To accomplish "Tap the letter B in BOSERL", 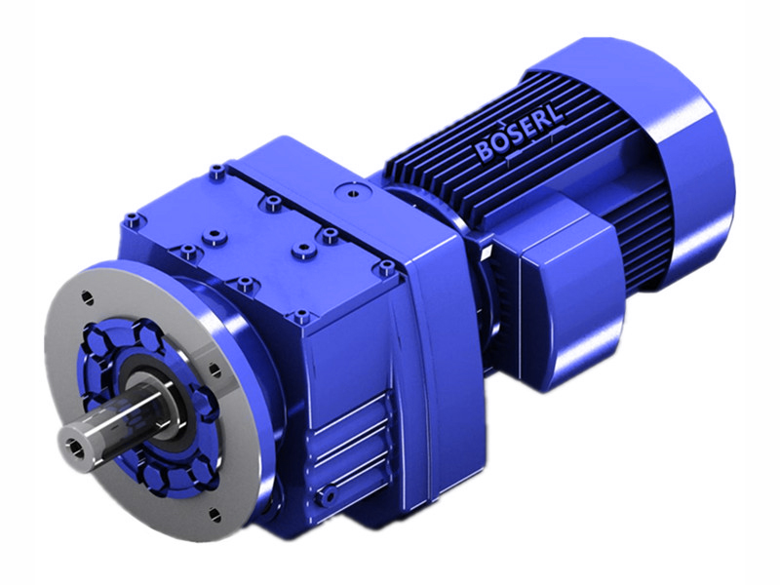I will pyautogui.click(x=484, y=152).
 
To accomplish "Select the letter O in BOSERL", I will pyautogui.click(x=498, y=145).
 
